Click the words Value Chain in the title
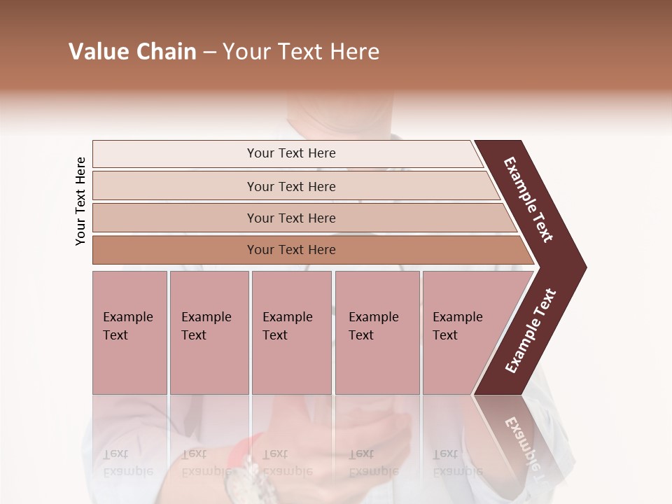point(132,52)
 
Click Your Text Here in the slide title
point(301,52)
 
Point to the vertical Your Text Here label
point(80,202)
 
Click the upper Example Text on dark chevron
point(528,199)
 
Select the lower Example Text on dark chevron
point(530,331)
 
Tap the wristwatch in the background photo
point(241,479)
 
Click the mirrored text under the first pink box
point(127,462)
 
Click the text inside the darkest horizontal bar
point(291,250)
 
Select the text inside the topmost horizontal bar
point(291,153)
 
